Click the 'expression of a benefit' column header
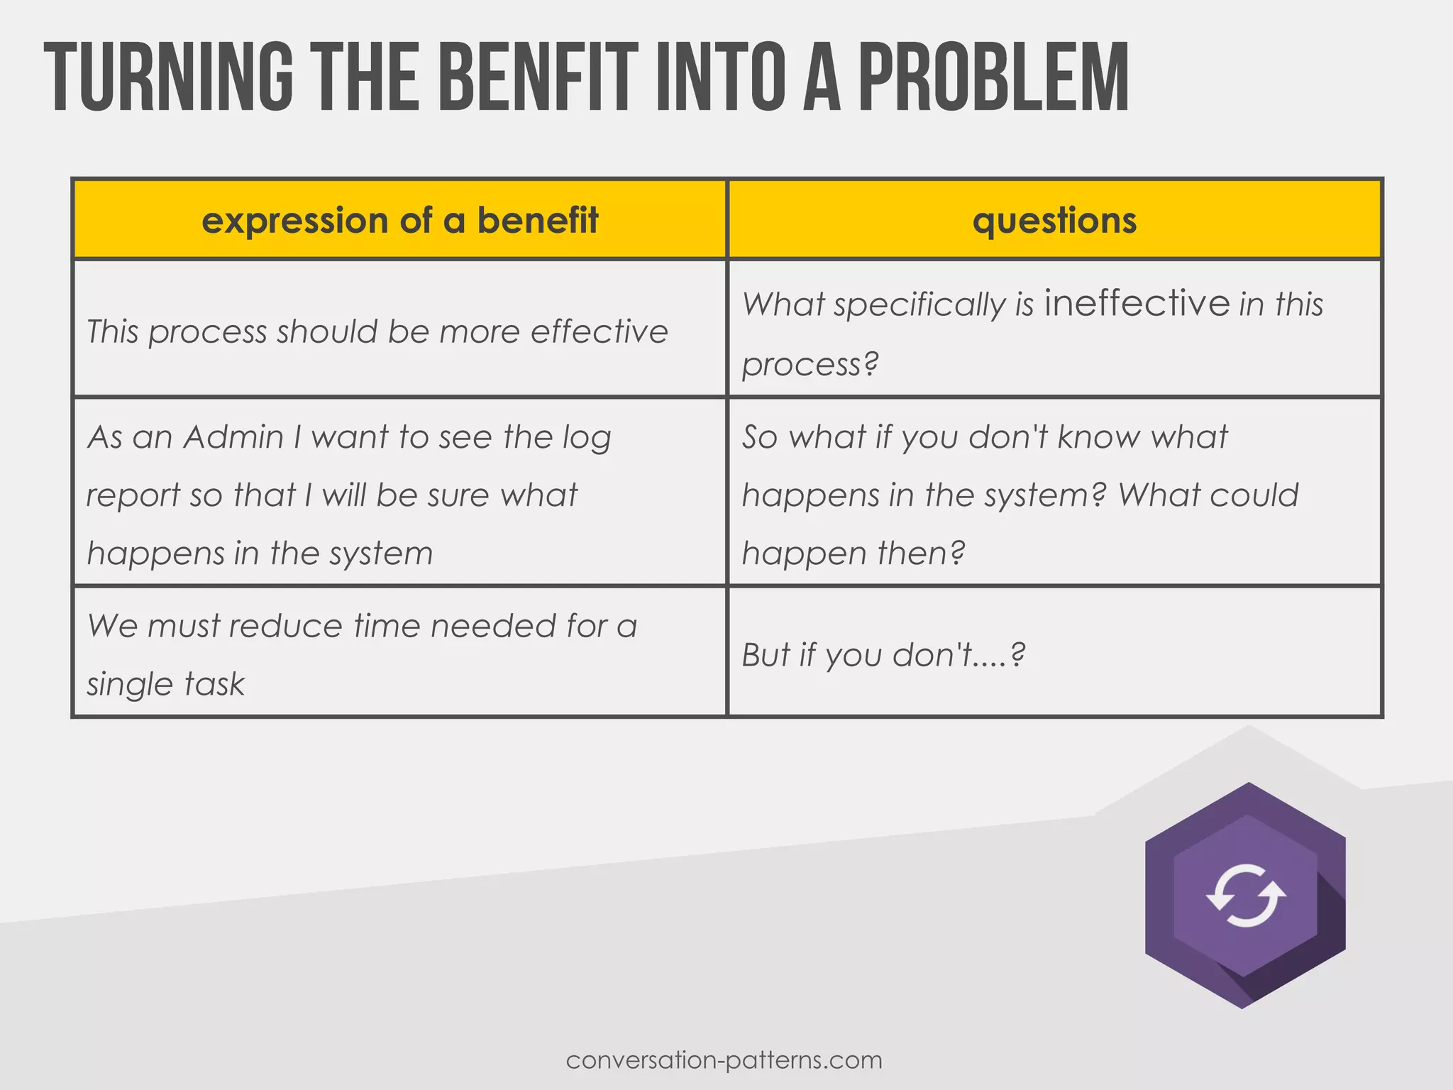(x=400, y=220)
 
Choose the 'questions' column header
(x=1054, y=220)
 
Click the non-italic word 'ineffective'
(x=1137, y=303)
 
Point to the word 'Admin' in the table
(x=233, y=436)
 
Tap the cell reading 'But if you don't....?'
(x=883, y=654)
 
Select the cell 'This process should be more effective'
(x=377, y=331)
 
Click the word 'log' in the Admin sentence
(x=587, y=438)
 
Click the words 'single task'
(x=165, y=684)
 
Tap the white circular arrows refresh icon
(x=1246, y=896)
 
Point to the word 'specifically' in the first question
(x=919, y=305)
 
